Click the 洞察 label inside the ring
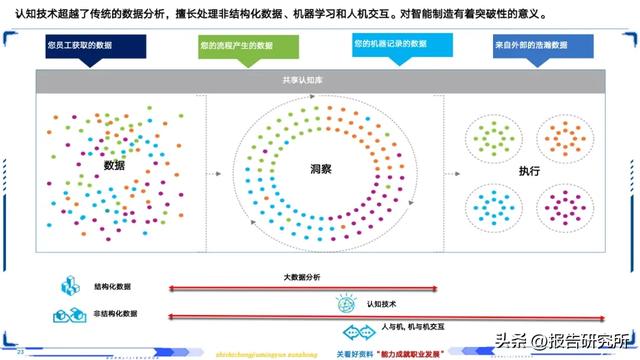(x=320, y=170)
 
